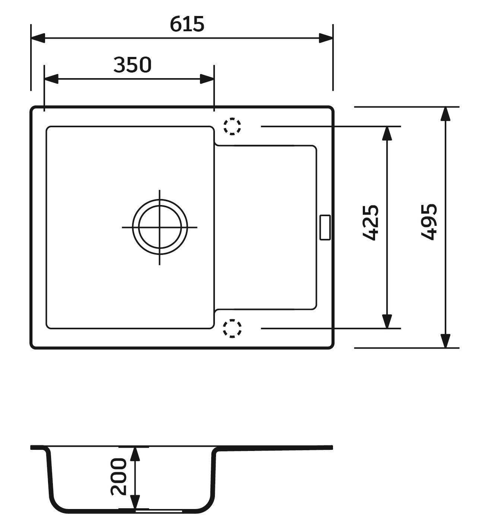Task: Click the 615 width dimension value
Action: click(x=187, y=24)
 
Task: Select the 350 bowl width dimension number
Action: click(x=132, y=65)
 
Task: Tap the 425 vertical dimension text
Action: click(x=371, y=223)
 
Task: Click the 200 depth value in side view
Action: click(x=119, y=477)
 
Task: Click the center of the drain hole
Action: click(x=160, y=227)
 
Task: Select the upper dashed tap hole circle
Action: click(x=232, y=126)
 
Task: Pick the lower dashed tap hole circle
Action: click(x=232, y=328)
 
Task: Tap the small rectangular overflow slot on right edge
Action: click(x=325, y=227)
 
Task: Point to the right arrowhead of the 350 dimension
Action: click(x=207, y=79)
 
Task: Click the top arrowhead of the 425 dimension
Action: click(x=387, y=134)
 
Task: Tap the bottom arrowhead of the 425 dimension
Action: click(x=387, y=321)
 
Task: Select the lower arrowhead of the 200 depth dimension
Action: click(x=135, y=502)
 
